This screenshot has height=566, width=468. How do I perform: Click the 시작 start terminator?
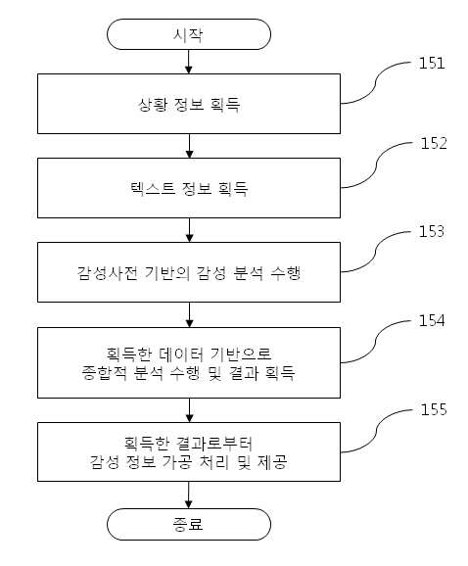click(x=189, y=34)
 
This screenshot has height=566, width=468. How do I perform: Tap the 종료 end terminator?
click(x=189, y=524)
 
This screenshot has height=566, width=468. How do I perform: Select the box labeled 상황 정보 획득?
click(x=189, y=104)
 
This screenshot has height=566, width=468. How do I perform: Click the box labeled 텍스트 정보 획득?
click(x=189, y=188)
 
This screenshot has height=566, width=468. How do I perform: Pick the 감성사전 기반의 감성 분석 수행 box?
click(x=189, y=272)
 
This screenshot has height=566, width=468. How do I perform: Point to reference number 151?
click(x=432, y=64)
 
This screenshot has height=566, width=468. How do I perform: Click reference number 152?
click(x=434, y=143)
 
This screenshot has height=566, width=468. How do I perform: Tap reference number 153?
click(x=432, y=231)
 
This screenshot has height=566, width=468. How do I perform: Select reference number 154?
click(x=432, y=320)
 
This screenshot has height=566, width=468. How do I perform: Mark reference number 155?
click(x=434, y=409)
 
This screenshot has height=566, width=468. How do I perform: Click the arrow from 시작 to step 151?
click(x=189, y=62)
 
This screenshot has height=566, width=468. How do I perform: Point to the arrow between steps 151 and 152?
click(x=189, y=146)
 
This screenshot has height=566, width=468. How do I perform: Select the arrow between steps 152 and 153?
click(x=189, y=230)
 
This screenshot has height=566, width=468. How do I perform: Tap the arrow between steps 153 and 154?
click(x=189, y=314)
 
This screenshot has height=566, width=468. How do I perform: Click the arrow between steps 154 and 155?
click(x=189, y=410)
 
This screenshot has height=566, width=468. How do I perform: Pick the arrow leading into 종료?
click(x=189, y=495)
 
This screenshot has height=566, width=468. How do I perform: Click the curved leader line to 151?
click(x=376, y=83)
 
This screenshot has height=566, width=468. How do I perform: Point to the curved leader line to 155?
click(x=376, y=430)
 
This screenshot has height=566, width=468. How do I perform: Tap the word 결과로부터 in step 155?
click(x=214, y=443)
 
